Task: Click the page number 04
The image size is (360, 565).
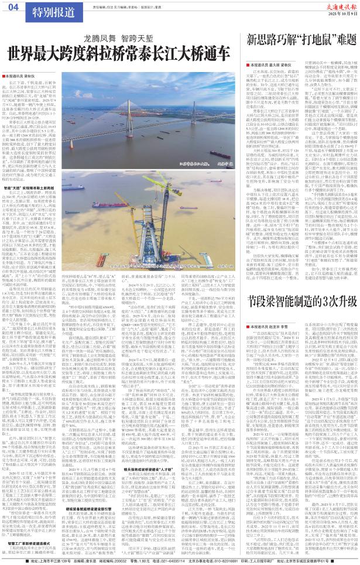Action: point(13,8)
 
